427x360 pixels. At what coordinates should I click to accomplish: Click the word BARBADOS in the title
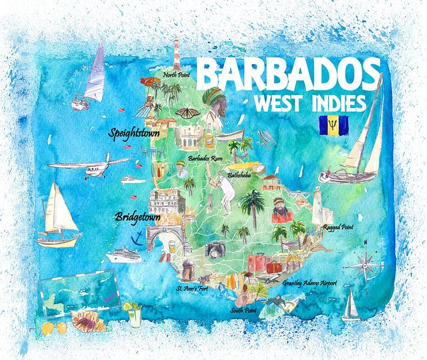(x=288, y=74)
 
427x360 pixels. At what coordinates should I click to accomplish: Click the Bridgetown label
(x=138, y=217)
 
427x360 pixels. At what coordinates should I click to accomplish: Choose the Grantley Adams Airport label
(x=310, y=283)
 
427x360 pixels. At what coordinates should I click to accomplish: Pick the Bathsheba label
(x=240, y=175)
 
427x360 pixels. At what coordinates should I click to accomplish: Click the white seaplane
(x=90, y=164)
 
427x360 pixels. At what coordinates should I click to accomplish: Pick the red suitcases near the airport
(x=262, y=263)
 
